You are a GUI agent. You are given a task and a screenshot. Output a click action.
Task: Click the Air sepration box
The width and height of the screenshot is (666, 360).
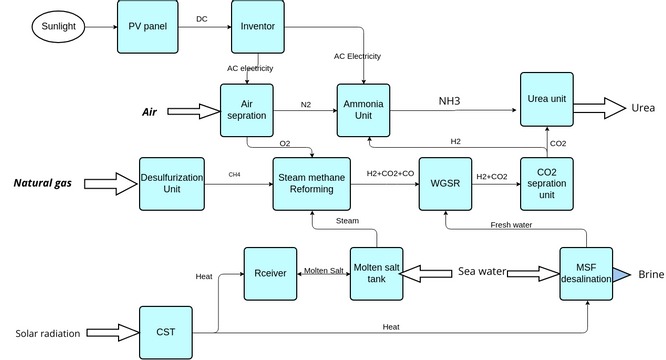coord(247,109)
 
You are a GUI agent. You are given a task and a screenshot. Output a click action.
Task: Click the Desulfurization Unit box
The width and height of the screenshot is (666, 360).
coord(172,183)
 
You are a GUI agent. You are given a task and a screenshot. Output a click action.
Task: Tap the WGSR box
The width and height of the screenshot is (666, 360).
coord(446,183)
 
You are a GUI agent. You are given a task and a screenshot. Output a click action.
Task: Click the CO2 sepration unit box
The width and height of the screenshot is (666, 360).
coord(549,183)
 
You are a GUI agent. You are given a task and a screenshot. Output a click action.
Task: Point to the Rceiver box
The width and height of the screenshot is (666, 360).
coord(272,271)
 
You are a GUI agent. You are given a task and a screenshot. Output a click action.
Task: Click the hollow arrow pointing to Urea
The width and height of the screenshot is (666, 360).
coord(597,108)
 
